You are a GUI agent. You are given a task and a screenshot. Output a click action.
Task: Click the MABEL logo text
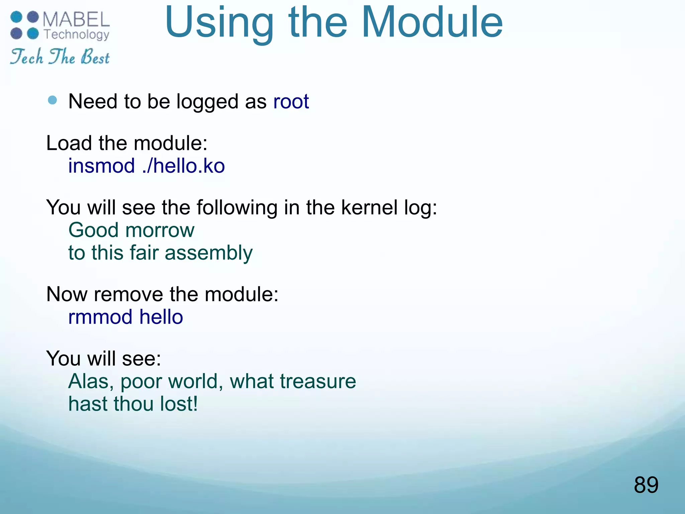coord(76,19)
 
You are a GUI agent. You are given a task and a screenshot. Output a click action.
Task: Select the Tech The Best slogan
coord(60,56)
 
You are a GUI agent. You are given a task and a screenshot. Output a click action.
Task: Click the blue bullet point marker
coord(53,100)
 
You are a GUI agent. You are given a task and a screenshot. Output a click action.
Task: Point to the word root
coord(291,101)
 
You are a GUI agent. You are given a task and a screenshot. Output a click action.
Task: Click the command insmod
coord(101,166)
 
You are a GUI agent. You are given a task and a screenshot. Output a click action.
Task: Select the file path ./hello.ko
coord(183,166)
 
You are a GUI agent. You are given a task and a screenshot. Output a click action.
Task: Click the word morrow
coord(160,230)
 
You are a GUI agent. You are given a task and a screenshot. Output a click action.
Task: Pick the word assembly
coord(209,253)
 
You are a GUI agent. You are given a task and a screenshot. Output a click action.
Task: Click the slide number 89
coord(646,485)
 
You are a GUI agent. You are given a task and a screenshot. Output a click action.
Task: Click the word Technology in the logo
coord(77,34)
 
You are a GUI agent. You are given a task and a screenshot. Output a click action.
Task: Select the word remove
coord(128,294)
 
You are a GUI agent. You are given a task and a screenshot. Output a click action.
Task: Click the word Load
coord(69,143)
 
